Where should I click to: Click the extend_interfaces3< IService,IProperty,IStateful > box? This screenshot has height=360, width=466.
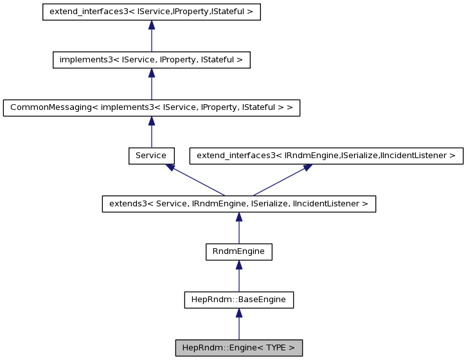tap(151, 12)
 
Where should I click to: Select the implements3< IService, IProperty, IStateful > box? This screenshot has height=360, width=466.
tap(151, 60)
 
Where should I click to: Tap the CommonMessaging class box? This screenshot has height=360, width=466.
tap(151, 107)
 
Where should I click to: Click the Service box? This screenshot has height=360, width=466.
tap(151, 156)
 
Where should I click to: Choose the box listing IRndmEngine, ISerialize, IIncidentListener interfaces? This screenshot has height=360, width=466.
tap(326, 156)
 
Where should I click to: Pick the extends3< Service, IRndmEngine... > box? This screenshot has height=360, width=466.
tap(238, 204)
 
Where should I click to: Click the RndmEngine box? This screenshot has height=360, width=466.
tap(238, 251)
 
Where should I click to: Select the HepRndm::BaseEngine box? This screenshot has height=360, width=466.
tap(238, 300)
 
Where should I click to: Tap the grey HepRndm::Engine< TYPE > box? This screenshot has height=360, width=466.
tap(238, 348)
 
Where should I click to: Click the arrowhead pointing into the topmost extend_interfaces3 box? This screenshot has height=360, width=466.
tap(151, 25)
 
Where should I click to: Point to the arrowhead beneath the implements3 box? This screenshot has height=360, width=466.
tap(151, 73)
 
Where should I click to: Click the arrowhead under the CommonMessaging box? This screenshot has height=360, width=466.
tap(151, 121)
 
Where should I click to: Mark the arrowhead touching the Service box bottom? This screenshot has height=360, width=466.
tap(170, 167)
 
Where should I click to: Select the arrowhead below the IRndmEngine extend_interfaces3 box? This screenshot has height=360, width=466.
tap(308, 167)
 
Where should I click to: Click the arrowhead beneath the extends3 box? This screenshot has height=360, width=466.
tap(238, 217)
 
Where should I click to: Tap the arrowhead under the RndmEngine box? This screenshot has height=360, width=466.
tap(238, 265)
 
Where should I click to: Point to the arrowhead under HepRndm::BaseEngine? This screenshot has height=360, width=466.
tap(238, 312)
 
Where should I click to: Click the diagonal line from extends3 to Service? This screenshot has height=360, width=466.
tap(198, 181)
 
